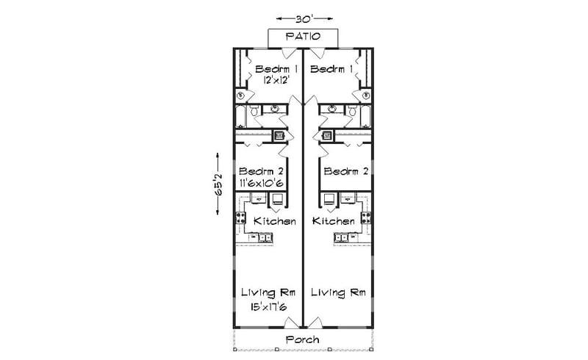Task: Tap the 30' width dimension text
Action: pyautogui.click(x=302, y=18)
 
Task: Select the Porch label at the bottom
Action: pyautogui.click(x=302, y=339)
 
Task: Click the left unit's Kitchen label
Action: pyautogui.click(x=274, y=221)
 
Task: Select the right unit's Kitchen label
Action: pyautogui.click(x=333, y=221)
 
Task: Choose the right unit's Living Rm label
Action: pyautogui.click(x=338, y=292)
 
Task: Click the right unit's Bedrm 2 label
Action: pyautogui.click(x=345, y=172)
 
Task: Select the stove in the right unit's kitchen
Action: pyautogui.click(x=365, y=217)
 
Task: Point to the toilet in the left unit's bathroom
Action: pyautogui.click(x=254, y=112)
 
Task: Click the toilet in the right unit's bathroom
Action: pyautogui.click(x=351, y=112)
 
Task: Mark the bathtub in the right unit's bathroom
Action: pyautogui.click(x=365, y=116)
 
